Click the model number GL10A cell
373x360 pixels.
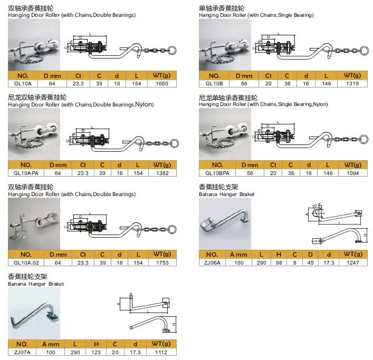click(x=23, y=83)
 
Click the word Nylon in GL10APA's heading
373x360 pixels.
click(x=144, y=105)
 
